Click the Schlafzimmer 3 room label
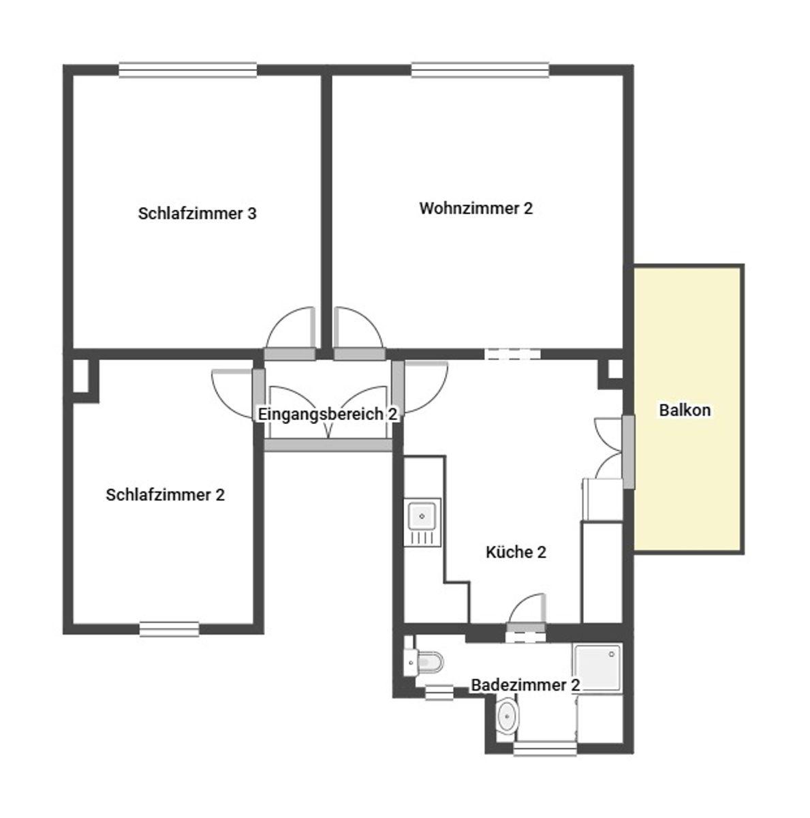pos(197,213)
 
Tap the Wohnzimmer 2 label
pos(476,208)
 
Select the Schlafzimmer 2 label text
pos(165,494)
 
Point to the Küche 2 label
pos(516,552)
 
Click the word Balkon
pos(685,410)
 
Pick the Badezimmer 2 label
pos(525,684)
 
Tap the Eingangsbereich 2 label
pos(328,414)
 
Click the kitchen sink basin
pos(422,516)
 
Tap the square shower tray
pos(597,668)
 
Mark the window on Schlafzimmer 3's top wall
pos(187,70)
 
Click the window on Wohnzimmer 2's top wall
pos(480,70)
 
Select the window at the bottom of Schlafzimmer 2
pos(170,629)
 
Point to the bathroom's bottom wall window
pos(545,748)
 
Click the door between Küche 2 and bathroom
pos(526,611)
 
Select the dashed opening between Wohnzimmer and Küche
pos(512,353)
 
